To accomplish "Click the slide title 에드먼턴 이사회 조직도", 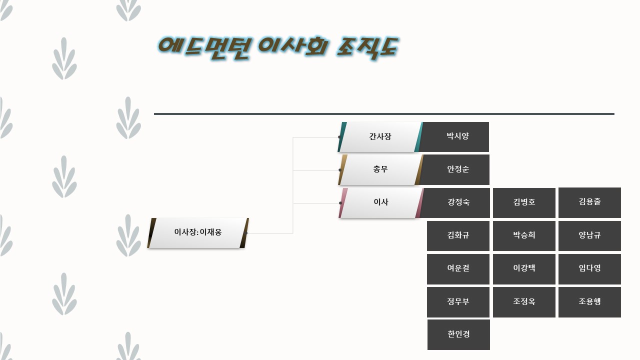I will tap(277, 48).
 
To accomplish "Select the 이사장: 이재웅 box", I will tap(198, 232).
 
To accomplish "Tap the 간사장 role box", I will tap(380, 136).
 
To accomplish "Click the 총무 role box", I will tap(380, 169).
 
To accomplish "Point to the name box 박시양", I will tap(457, 136).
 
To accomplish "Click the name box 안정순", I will tap(457, 169).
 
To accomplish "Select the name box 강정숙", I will tap(458, 202).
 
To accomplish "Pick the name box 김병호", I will tap(524, 202).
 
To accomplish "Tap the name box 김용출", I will tap(589, 202).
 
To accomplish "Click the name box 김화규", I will tap(458, 235).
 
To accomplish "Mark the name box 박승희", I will tap(524, 235).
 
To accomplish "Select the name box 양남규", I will tap(589, 235).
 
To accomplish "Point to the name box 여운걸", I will tap(458, 268).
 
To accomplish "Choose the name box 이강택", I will tap(524, 268).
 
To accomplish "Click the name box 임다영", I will tap(589, 268).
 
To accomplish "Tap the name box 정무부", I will tap(458, 302).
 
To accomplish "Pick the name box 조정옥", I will tap(524, 302).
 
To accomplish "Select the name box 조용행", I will tap(589, 302).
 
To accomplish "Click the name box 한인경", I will tap(458, 334).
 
